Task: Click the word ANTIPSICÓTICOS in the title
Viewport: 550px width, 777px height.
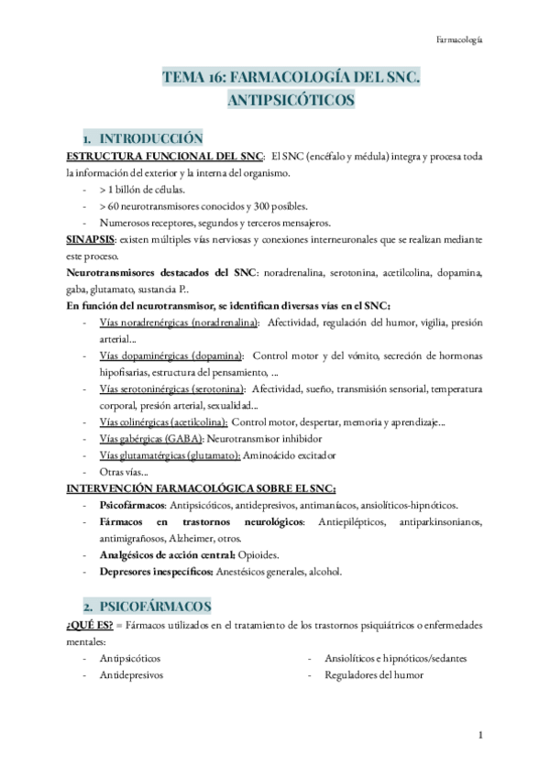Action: point(291,100)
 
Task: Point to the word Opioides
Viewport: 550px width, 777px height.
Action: point(267,555)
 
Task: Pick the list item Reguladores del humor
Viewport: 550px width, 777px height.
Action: point(373,674)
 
